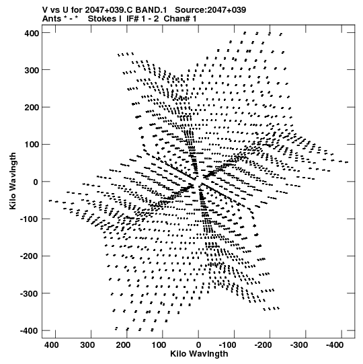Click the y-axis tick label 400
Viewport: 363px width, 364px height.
pyautogui.click(x=32, y=33)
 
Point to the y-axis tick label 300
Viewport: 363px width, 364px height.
pyautogui.click(x=32, y=71)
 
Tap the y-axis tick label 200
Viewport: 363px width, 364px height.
pyautogui.click(x=32, y=108)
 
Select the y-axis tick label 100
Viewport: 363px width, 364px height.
pyautogui.click(x=32, y=145)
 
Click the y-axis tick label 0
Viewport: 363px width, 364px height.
pyautogui.click(x=36, y=182)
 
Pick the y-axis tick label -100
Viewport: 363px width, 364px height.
pyautogui.click(x=30, y=219)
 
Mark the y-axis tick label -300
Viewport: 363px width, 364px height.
pyautogui.click(x=30, y=294)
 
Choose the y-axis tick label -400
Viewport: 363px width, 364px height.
pyautogui.click(x=30, y=331)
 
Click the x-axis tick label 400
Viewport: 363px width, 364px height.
pyautogui.click(x=52, y=345)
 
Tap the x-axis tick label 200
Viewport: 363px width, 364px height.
pyautogui.click(x=123, y=345)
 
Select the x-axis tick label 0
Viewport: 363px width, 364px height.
pyautogui.click(x=198, y=345)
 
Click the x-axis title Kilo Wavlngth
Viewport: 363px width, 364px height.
pyautogui.click(x=199, y=354)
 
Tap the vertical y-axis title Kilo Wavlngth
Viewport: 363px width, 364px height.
pyautogui.click(x=13, y=181)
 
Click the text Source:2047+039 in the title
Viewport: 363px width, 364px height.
pyautogui.click(x=210, y=10)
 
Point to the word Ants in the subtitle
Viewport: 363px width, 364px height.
pyautogui.click(x=52, y=19)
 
